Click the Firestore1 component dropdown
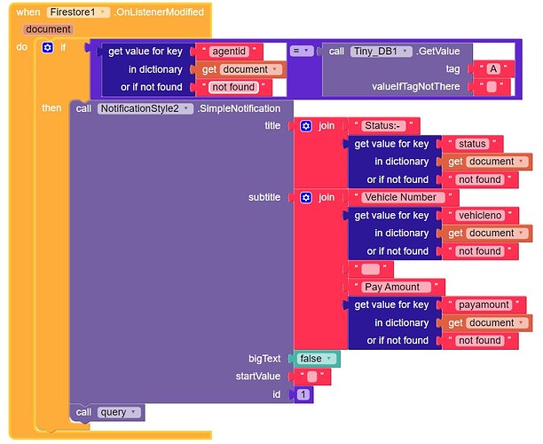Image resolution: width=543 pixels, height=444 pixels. tap(78, 12)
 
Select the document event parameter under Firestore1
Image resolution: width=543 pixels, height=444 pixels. tap(49, 29)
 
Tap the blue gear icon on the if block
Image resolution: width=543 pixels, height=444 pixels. tap(47, 47)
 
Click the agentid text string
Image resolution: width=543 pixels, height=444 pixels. tap(229, 52)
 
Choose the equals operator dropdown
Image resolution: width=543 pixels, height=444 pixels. tap(302, 51)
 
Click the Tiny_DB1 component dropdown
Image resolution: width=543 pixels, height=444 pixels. tap(381, 52)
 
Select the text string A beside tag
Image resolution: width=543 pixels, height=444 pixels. tap(493, 69)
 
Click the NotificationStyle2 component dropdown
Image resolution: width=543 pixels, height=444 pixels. tap(146, 108)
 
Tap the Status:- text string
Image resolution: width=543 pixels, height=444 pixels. tap(382, 125)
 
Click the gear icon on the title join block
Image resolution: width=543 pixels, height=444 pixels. tap(306, 126)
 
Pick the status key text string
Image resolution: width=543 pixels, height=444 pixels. tap(472, 144)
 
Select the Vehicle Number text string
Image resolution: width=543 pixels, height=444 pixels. tap(401, 197)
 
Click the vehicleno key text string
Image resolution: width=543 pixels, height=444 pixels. tap(480, 215)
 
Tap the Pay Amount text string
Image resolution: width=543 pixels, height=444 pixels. tap(394, 287)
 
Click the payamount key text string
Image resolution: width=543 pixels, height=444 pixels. tap(484, 305)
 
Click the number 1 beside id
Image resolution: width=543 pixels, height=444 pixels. tap(303, 394)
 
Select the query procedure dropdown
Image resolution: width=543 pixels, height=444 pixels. tap(119, 412)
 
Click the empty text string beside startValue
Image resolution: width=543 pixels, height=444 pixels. tap(312, 377)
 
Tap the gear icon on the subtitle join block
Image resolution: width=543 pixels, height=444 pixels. tap(306, 197)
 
